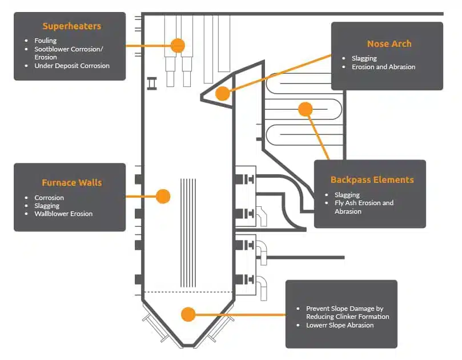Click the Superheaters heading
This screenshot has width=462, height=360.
click(x=71, y=26)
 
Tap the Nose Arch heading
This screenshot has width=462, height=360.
click(x=389, y=43)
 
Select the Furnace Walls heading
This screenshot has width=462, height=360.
click(x=71, y=183)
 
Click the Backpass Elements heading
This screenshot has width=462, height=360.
click(x=372, y=179)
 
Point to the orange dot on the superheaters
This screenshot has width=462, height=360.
click(x=178, y=45)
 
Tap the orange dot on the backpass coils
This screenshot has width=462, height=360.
click(x=306, y=109)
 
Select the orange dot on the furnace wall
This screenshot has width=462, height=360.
click(x=163, y=196)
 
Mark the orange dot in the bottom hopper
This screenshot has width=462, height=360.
click(x=187, y=314)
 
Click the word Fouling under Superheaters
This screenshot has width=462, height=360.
click(x=46, y=41)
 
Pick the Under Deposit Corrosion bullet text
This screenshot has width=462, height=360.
click(x=72, y=66)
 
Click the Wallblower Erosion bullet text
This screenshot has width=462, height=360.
click(x=63, y=214)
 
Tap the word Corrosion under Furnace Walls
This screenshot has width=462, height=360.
click(x=49, y=198)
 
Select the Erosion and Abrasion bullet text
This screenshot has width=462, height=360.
click(x=383, y=67)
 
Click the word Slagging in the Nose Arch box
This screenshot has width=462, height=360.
click(x=364, y=58)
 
